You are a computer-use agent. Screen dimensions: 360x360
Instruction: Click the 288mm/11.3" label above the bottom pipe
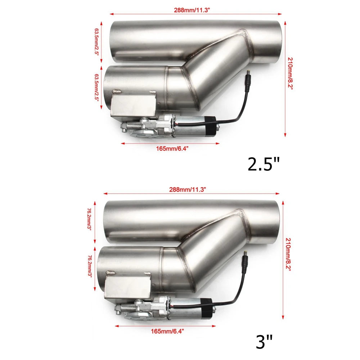point(190,189)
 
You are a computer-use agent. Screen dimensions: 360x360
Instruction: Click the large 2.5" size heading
point(264,164)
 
